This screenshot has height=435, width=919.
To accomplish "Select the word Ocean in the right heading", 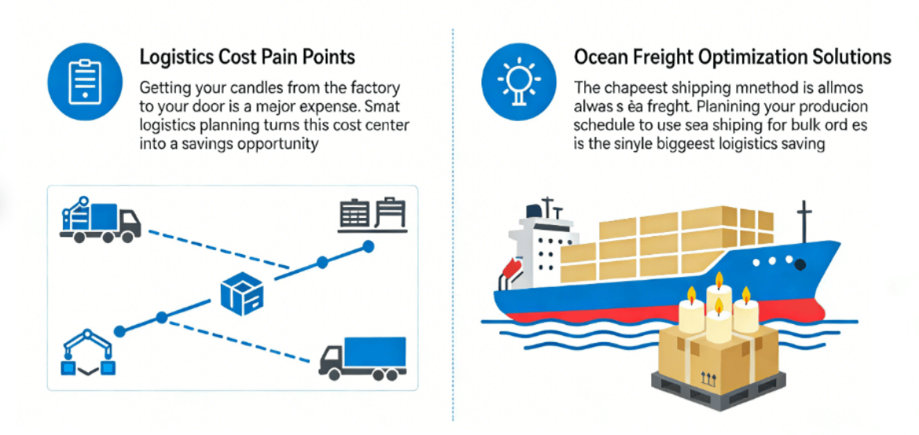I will click(599, 57).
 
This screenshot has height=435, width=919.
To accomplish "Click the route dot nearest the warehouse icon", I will click(368, 247).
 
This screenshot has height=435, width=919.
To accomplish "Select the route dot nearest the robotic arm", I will click(120, 331).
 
